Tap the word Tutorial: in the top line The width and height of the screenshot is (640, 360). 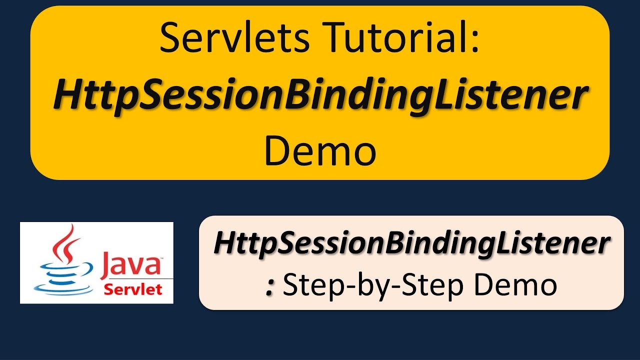391,38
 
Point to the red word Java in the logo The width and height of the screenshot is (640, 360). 130,264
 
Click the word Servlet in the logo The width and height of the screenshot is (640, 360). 132,289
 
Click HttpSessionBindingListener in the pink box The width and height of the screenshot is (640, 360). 411,244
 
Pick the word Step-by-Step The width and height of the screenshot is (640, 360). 372,285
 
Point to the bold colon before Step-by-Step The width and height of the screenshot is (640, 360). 270,288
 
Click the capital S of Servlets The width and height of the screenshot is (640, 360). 170,38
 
